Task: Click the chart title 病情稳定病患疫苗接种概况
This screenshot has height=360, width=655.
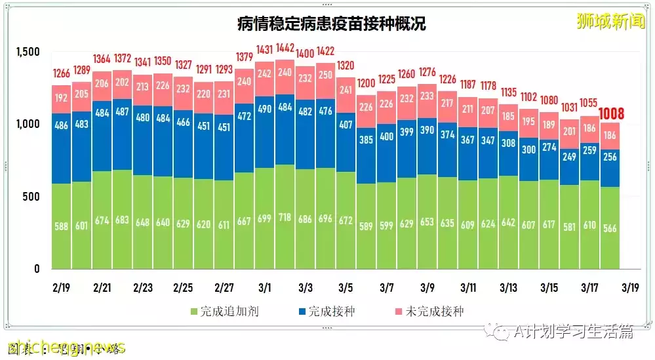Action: pos(331,24)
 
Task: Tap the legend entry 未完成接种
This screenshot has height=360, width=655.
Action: pos(432,311)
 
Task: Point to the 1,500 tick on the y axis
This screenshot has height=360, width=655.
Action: pos(27,52)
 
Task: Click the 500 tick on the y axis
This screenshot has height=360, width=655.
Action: pos(31,197)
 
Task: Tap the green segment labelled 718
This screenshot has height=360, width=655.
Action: pos(285,216)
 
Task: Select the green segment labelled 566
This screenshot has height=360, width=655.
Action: pos(610,228)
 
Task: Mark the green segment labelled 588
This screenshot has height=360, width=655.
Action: pos(62,226)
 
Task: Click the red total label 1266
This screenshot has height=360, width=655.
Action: pos(62,73)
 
